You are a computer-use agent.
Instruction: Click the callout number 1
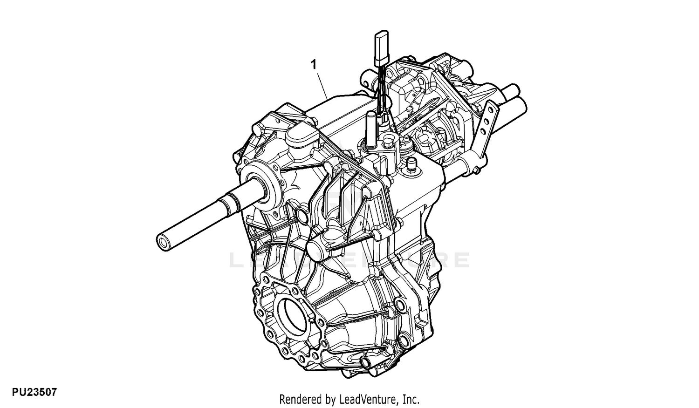click(x=314, y=65)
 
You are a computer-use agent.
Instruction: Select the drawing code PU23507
click(x=34, y=392)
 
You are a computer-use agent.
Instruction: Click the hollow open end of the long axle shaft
click(x=163, y=242)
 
